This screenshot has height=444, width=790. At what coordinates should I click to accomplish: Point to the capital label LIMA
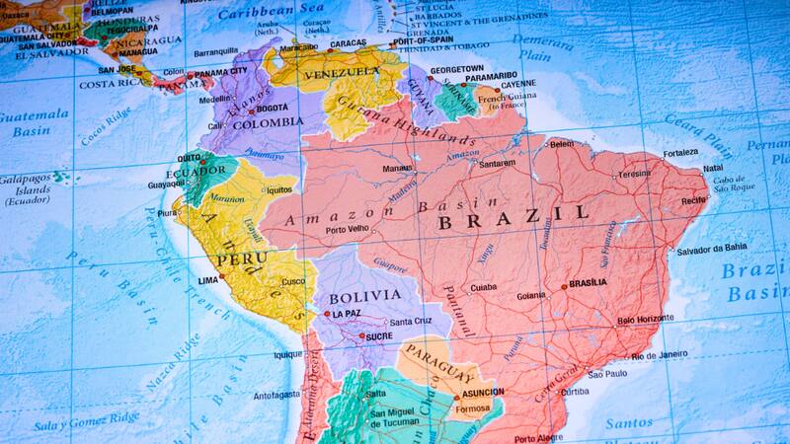(x=208, y=281)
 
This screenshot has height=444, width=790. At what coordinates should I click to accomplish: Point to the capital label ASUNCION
(x=480, y=392)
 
